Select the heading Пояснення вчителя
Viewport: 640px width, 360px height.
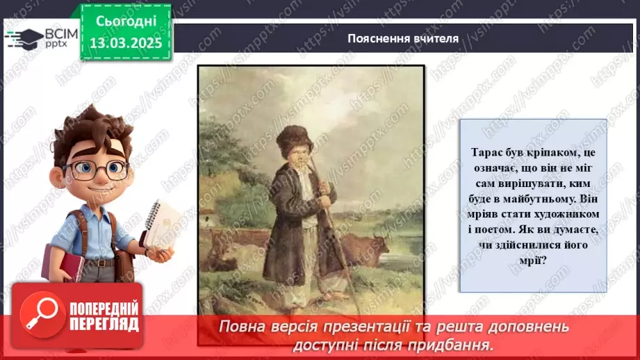click(403, 38)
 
